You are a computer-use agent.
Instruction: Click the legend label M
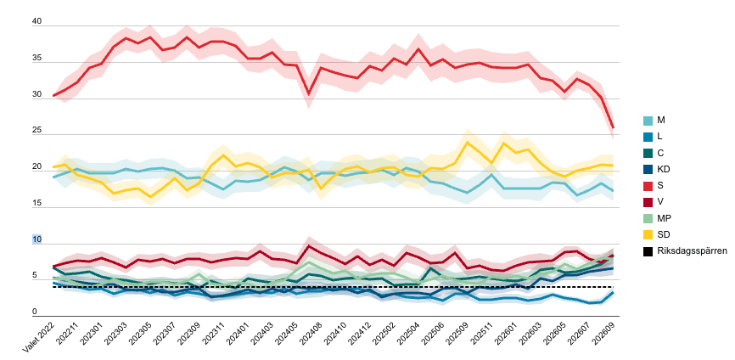[x=660, y=121]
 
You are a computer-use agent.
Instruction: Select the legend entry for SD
[x=661, y=234]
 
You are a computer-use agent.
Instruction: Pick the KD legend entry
[x=661, y=169]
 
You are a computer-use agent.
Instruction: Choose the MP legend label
[x=662, y=218]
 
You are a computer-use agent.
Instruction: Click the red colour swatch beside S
[x=648, y=186]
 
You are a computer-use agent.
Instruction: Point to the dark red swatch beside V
[x=648, y=202]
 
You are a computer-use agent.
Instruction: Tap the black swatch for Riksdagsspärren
[x=648, y=251]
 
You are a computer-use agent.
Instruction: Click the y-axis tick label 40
[x=36, y=21]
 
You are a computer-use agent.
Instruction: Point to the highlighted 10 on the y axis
[x=36, y=239]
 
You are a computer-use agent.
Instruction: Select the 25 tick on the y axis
[x=36, y=131]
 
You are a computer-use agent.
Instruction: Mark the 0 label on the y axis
[x=34, y=312]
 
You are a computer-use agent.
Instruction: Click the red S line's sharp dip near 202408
[x=308, y=93]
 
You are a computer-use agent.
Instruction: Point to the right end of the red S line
[x=613, y=127]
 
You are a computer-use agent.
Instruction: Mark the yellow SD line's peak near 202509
[x=467, y=142]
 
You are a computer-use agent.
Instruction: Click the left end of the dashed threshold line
[x=53, y=287]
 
